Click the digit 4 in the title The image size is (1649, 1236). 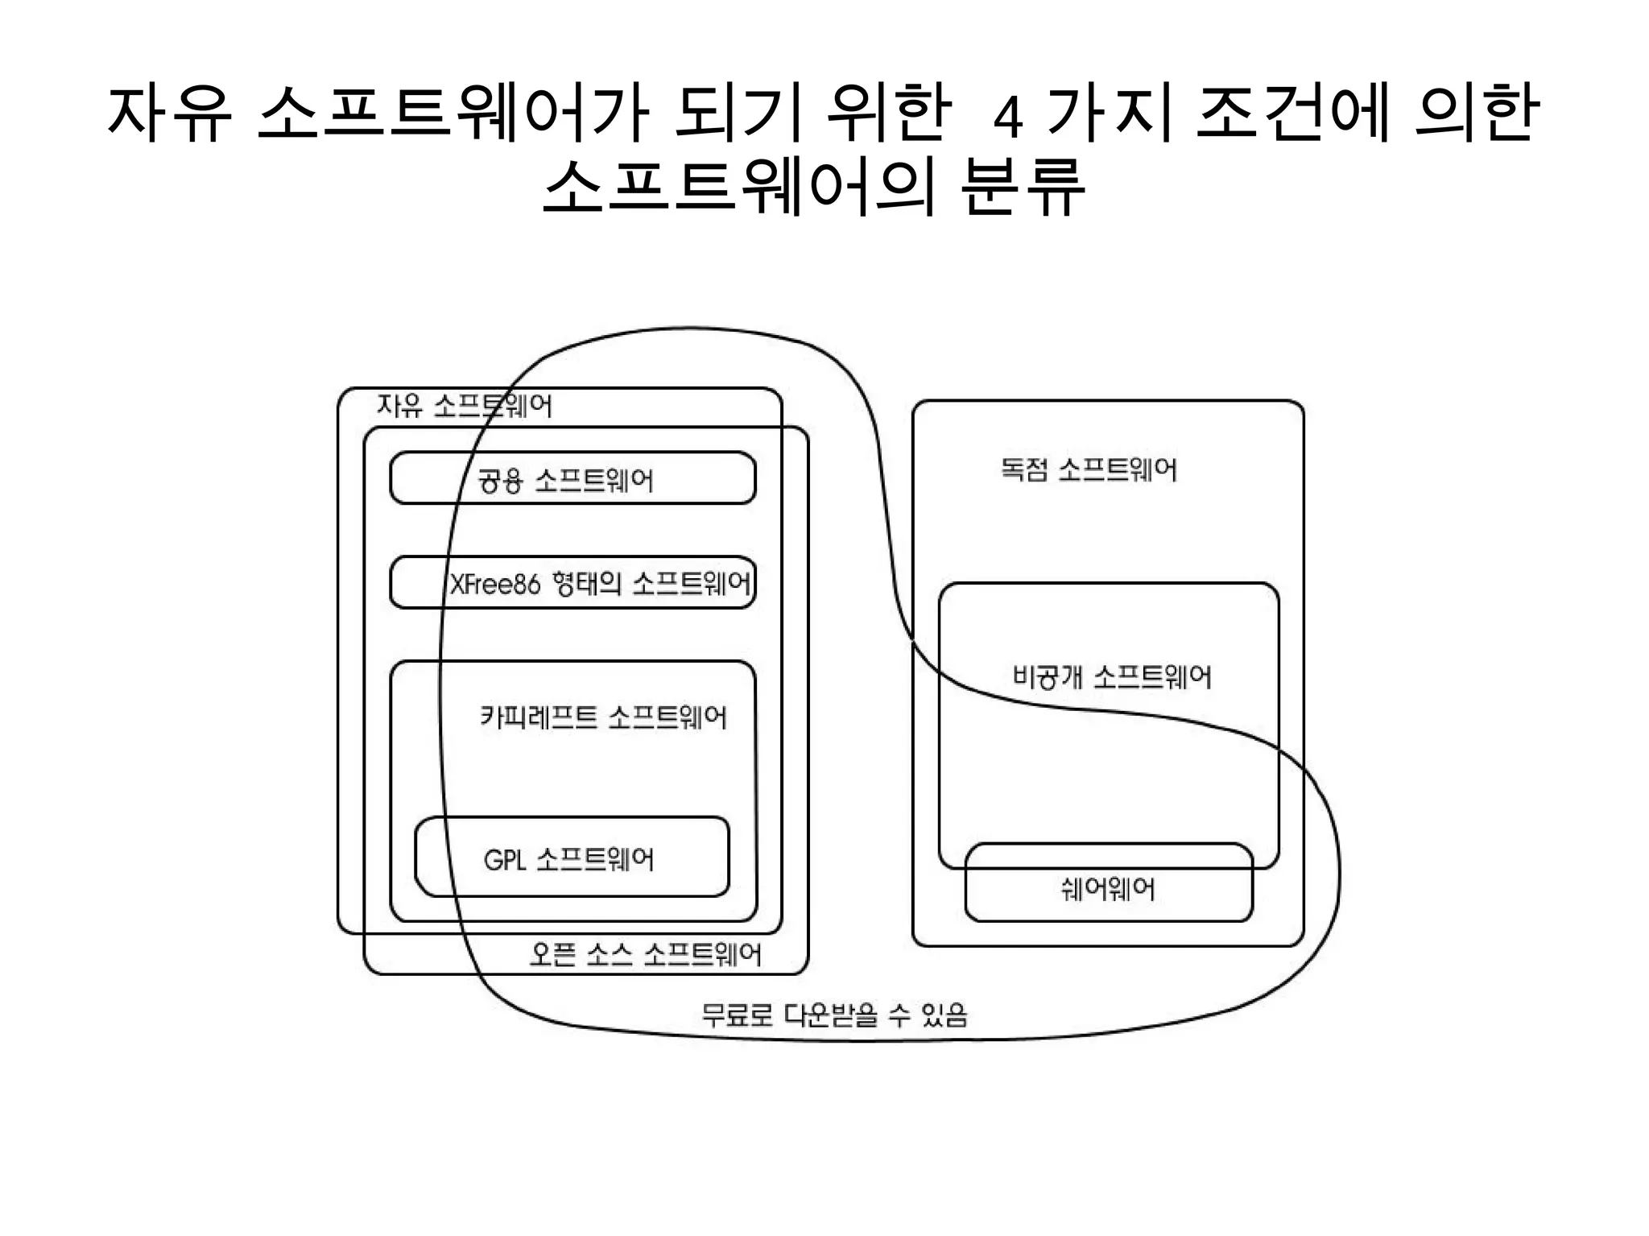coord(1008,118)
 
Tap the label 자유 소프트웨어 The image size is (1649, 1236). coord(465,406)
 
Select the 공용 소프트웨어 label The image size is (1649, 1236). coord(565,481)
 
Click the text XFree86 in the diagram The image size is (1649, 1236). coord(494,584)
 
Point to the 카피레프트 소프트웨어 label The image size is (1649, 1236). coord(603,717)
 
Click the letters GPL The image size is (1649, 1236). coord(505,860)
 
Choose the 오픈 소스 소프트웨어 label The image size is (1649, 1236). coord(645,955)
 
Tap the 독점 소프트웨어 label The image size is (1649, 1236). coord(1089,469)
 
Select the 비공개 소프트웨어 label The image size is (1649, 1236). coord(1112,676)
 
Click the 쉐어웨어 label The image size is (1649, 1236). coord(1108,889)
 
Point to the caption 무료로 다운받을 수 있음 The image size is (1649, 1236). coord(834,1015)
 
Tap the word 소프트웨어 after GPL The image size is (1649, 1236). coord(595,860)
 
